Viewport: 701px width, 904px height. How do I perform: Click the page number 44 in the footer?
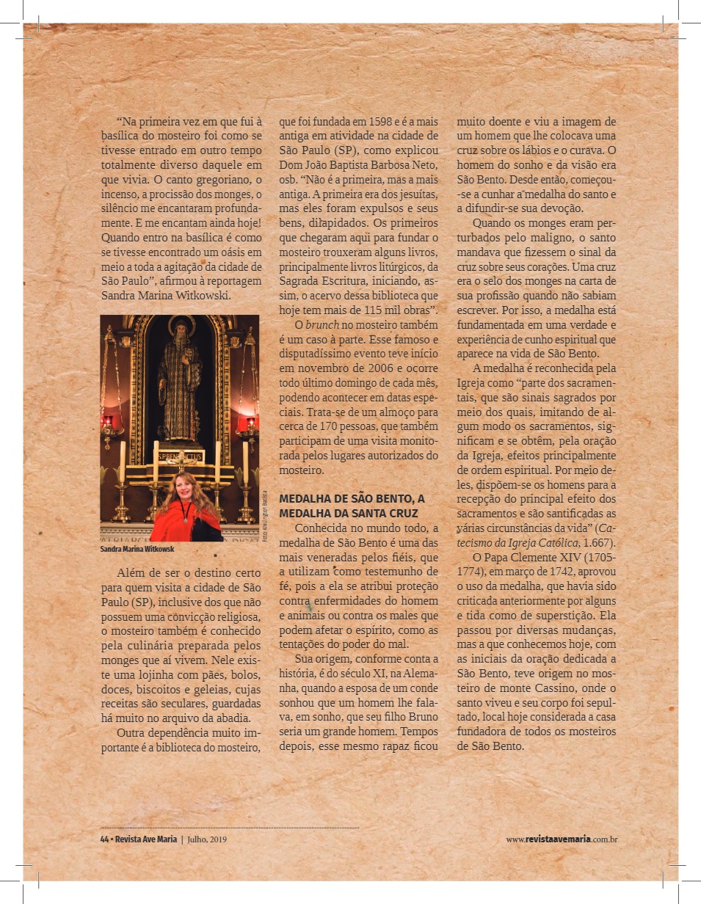[x=103, y=839]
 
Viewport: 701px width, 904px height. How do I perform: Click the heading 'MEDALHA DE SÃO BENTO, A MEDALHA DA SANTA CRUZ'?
[x=352, y=506]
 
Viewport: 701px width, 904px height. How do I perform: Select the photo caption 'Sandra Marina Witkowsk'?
[x=137, y=548]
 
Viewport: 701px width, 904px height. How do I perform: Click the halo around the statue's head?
[x=181, y=325]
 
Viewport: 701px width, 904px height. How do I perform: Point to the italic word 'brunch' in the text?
[x=320, y=324]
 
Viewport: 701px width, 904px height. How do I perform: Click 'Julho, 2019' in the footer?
[x=208, y=839]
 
